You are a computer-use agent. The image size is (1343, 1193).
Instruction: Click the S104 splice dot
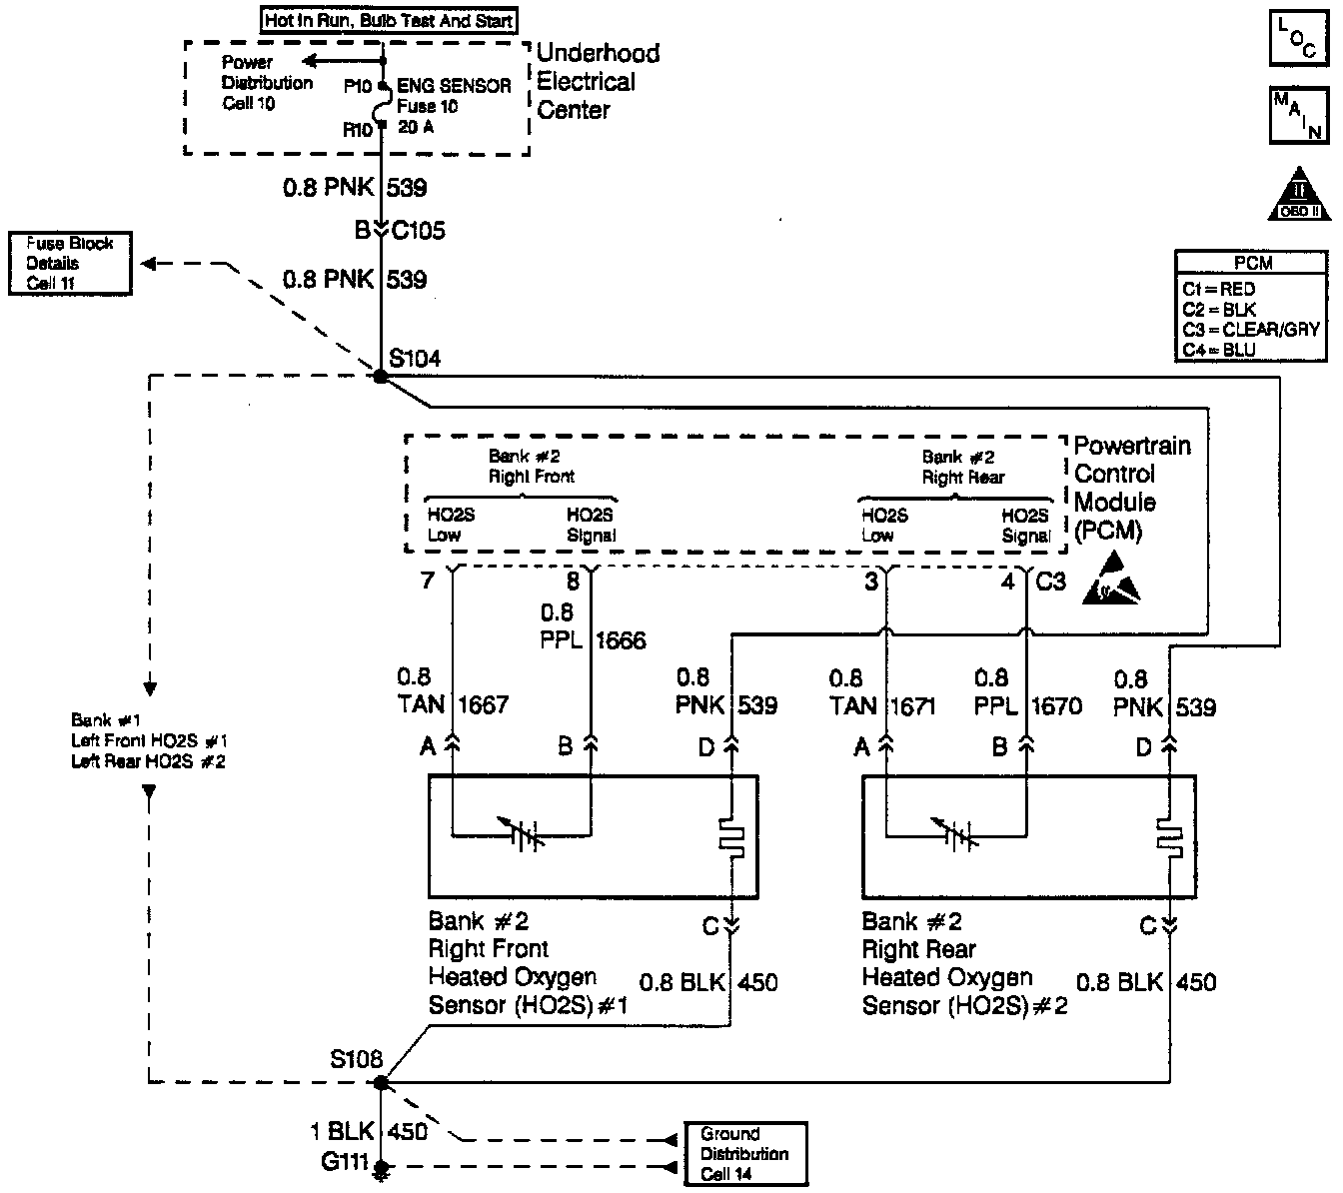point(381,376)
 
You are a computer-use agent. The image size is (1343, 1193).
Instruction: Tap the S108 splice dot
point(380,1082)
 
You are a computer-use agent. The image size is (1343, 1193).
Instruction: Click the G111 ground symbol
point(380,1168)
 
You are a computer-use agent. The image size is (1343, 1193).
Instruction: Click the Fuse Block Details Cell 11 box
point(70,263)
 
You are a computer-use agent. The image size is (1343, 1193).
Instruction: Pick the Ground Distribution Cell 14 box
point(744,1154)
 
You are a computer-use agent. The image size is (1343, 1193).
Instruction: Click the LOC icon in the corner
point(1297,38)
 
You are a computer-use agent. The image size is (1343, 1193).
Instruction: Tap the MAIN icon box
point(1297,116)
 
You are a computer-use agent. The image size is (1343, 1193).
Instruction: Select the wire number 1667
point(484,705)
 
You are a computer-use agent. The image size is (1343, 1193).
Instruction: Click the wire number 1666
point(622,640)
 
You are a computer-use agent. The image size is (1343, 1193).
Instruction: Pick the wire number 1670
point(1055,706)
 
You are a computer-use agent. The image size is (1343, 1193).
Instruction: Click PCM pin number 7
point(428,581)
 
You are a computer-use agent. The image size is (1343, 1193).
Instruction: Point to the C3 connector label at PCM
point(1050,581)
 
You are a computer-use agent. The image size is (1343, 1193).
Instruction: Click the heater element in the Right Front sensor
point(733,837)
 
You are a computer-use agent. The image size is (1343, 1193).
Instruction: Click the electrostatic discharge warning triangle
point(1110,588)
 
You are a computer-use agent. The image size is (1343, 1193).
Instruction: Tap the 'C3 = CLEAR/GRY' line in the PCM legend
point(1249,329)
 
